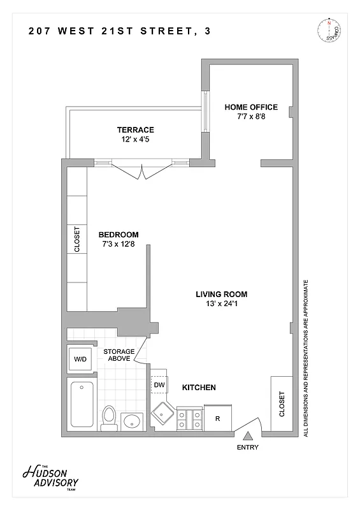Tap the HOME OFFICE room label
[x=250, y=107]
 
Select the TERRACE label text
[x=135, y=130]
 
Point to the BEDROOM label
[x=118, y=235]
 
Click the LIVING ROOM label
[x=221, y=295]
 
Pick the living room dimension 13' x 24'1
[x=221, y=304]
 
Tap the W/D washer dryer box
[x=81, y=360]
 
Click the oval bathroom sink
[x=133, y=421]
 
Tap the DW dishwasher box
[x=159, y=386]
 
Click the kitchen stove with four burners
[x=189, y=418]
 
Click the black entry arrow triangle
[x=248, y=436]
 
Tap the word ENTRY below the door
[x=248, y=448]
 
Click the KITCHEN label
[x=199, y=388]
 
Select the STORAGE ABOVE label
[x=119, y=355]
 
